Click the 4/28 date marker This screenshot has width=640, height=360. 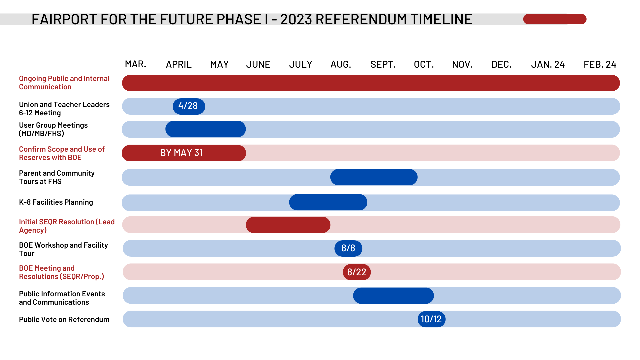[189, 106]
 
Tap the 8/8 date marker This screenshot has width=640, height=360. [348, 248]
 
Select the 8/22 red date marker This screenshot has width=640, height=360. [357, 272]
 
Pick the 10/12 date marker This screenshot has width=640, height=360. [431, 319]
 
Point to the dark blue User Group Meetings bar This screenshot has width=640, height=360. [205, 129]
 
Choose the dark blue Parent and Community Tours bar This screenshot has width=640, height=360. [374, 177]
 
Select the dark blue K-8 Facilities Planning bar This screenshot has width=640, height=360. [328, 202]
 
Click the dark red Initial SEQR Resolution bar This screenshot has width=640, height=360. [288, 225]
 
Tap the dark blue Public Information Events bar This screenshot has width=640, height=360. [393, 296]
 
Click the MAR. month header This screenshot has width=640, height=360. [135, 64]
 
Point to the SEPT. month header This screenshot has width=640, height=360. [383, 64]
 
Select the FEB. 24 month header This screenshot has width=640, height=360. [600, 64]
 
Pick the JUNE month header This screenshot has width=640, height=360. [258, 64]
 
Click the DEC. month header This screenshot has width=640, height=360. [501, 64]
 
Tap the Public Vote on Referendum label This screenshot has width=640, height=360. [64, 319]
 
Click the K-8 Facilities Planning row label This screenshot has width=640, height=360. [56, 202]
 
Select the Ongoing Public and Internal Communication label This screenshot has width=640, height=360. [64, 83]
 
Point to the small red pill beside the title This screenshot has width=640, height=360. [555, 19]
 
